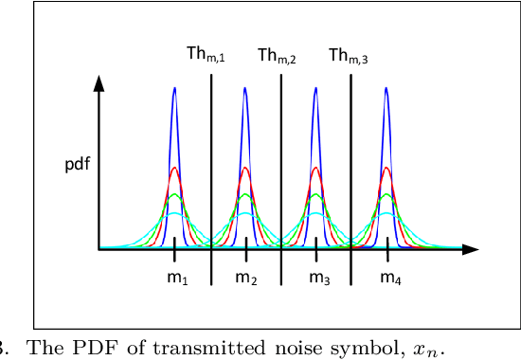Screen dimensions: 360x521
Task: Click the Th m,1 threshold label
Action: click(205, 56)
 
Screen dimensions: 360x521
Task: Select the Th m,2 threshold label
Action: click(277, 56)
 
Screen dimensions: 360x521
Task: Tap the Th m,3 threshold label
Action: click(348, 56)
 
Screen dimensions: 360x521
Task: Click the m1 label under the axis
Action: click(177, 278)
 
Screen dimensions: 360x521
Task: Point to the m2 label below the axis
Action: click(246, 278)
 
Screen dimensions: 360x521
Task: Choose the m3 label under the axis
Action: click(319, 278)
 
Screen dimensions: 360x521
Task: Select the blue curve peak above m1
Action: click(174, 89)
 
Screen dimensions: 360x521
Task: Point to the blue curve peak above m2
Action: click(245, 89)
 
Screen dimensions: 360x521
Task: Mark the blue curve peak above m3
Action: click(316, 89)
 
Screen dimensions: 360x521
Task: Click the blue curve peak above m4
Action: click(387, 89)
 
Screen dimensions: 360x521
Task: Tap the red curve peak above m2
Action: click(245, 169)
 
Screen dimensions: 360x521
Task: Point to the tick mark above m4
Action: click(387, 249)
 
